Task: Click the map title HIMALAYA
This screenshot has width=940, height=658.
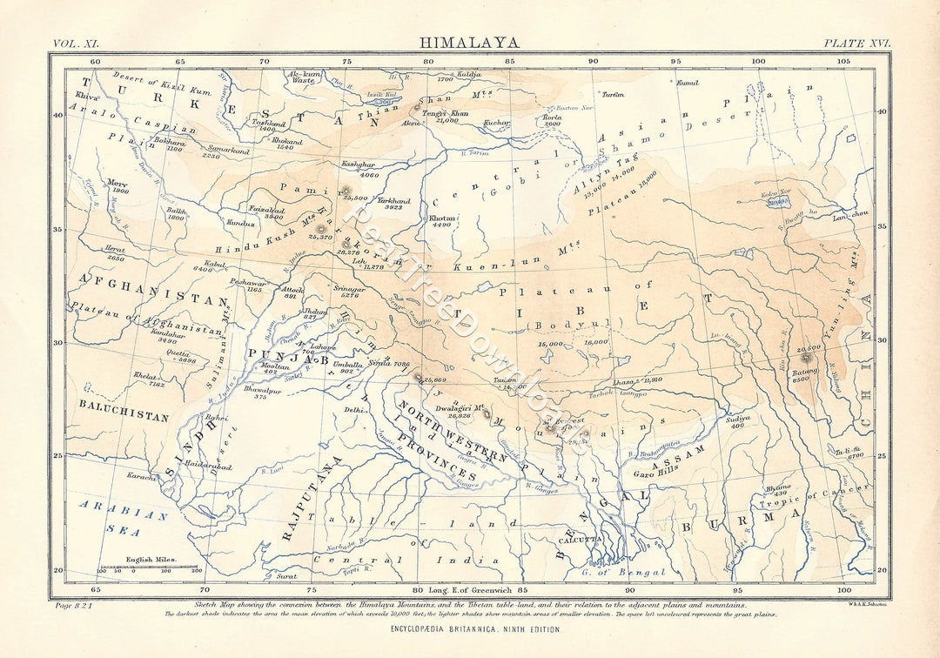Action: click(469, 42)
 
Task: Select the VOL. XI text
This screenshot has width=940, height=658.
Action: click(78, 43)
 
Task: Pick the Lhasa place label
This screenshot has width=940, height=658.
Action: click(623, 382)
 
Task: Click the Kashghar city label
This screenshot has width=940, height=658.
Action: click(358, 164)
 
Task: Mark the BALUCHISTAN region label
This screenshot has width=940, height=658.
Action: click(124, 417)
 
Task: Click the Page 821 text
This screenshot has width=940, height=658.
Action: click(74, 604)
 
